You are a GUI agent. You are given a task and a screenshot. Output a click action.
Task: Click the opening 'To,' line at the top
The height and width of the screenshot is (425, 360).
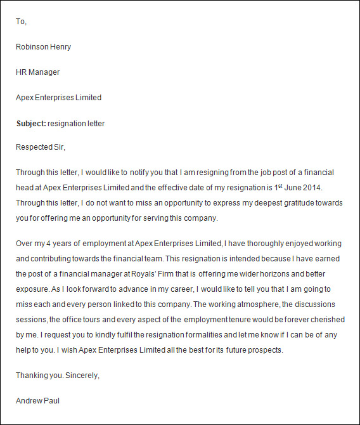tap(21, 22)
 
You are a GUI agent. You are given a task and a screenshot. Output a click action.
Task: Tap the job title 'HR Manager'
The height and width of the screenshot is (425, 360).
tap(37, 72)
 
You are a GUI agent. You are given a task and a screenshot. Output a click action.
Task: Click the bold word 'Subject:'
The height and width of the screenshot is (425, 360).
tap(31, 124)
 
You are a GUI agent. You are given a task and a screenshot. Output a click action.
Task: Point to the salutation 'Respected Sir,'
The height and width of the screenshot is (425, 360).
tap(41, 148)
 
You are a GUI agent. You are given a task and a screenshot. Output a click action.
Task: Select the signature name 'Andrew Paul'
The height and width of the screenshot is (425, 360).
tap(38, 401)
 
